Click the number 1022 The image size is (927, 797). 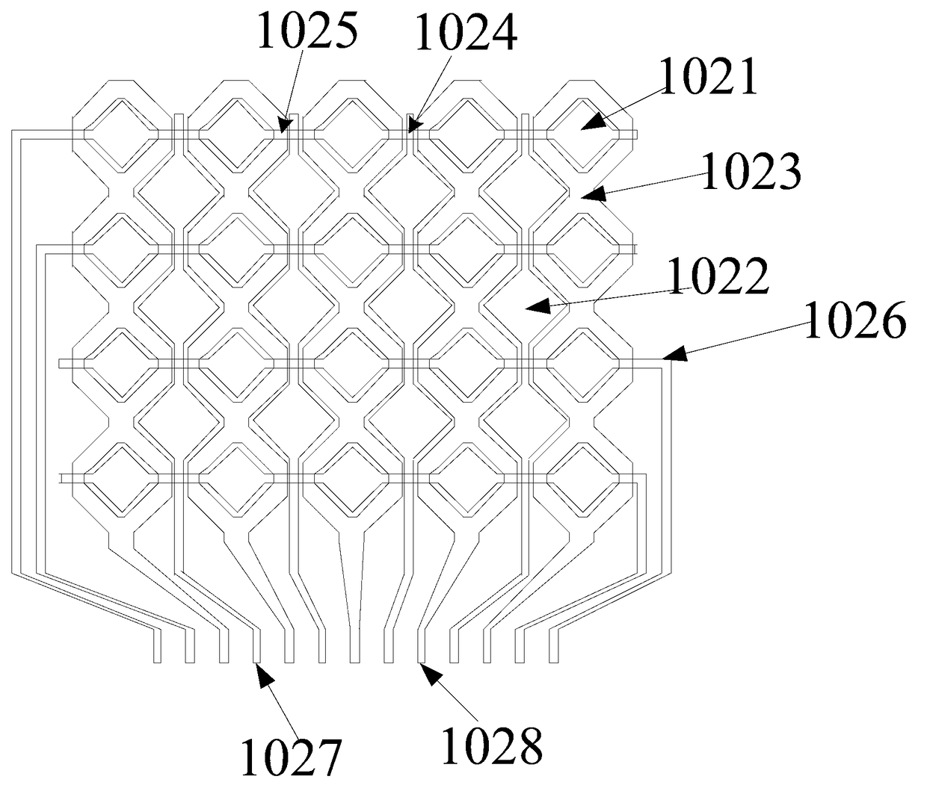pyautogui.click(x=718, y=276)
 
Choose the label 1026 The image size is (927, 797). pyautogui.click(x=855, y=321)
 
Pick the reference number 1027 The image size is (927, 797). pyautogui.click(x=291, y=756)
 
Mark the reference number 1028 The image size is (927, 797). pyautogui.click(x=492, y=745)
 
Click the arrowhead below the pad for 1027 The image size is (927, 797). pyautogui.click(x=259, y=668)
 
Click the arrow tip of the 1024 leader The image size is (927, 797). pyautogui.click(x=410, y=131)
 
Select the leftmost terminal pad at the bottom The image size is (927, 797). pyautogui.click(x=157, y=647)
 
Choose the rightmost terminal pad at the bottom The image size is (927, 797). pyautogui.click(x=554, y=647)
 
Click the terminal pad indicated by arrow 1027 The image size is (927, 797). pyautogui.click(x=256, y=647)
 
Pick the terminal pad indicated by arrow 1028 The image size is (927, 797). pyautogui.click(x=421, y=647)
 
